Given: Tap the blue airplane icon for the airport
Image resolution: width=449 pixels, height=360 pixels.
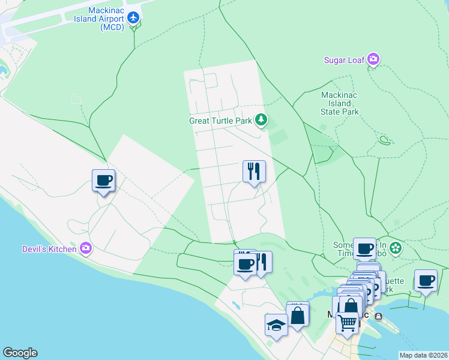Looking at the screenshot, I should [x=134, y=18].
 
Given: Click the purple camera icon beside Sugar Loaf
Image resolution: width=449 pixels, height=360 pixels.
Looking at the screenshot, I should [x=373, y=59].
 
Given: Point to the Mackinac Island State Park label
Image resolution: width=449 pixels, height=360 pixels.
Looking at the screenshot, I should [x=340, y=103].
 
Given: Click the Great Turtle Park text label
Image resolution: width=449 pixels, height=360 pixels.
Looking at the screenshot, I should [x=220, y=121].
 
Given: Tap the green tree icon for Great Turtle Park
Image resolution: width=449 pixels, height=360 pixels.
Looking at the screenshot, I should [x=261, y=121].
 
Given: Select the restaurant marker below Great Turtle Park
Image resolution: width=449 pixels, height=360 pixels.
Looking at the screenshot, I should [x=254, y=172].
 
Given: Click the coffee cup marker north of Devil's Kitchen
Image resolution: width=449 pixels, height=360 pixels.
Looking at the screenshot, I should [x=103, y=180].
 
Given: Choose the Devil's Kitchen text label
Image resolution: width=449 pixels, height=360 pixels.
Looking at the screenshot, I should [x=49, y=248].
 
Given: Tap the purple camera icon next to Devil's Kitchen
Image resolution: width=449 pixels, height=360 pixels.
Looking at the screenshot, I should [x=86, y=248].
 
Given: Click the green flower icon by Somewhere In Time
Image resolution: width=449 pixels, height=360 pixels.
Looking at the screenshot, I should [x=395, y=247].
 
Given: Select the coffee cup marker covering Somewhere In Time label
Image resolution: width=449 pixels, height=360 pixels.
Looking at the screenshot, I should [x=364, y=248].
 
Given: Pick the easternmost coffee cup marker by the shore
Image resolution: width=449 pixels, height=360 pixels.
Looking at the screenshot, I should [x=426, y=281].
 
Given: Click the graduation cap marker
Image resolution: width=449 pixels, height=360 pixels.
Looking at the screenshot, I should [x=276, y=325].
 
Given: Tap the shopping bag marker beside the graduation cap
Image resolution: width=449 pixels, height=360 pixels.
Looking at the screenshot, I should [x=298, y=314].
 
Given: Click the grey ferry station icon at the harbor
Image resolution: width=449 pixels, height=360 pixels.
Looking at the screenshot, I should [x=378, y=316].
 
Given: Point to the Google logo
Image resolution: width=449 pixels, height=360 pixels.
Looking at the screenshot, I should [x=20, y=353].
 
